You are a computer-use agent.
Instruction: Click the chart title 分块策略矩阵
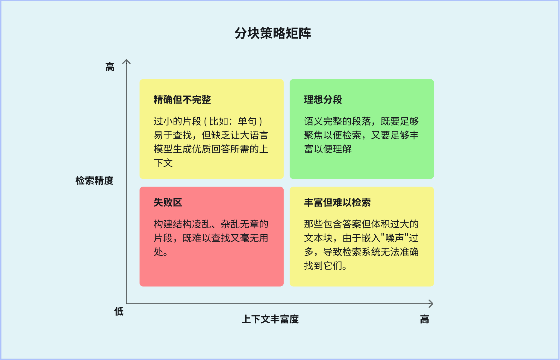point(273,33)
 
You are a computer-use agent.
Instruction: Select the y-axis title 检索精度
point(94,180)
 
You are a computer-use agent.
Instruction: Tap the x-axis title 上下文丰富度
point(270,319)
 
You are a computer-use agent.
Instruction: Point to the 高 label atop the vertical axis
point(110,67)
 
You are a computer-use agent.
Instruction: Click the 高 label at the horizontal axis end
point(424,319)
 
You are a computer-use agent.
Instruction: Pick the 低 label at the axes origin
point(119,311)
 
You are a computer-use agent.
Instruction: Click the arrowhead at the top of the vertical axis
point(127,62)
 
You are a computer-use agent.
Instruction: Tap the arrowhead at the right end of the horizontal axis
point(431,304)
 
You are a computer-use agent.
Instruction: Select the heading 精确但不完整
point(182,99)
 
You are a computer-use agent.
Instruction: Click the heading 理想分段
point(323,99)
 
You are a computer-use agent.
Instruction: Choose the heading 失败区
point(168,202)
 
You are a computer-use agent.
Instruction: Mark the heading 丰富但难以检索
point(337,202)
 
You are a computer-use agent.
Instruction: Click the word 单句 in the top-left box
point(247,121)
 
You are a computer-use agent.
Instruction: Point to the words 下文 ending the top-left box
point(163,163)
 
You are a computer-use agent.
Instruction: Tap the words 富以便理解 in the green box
point(328,149)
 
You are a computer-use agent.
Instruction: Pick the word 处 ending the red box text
point(158,252)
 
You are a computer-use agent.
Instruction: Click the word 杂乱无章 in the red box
point(240,224)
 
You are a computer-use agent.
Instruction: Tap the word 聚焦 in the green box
point(314,135)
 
